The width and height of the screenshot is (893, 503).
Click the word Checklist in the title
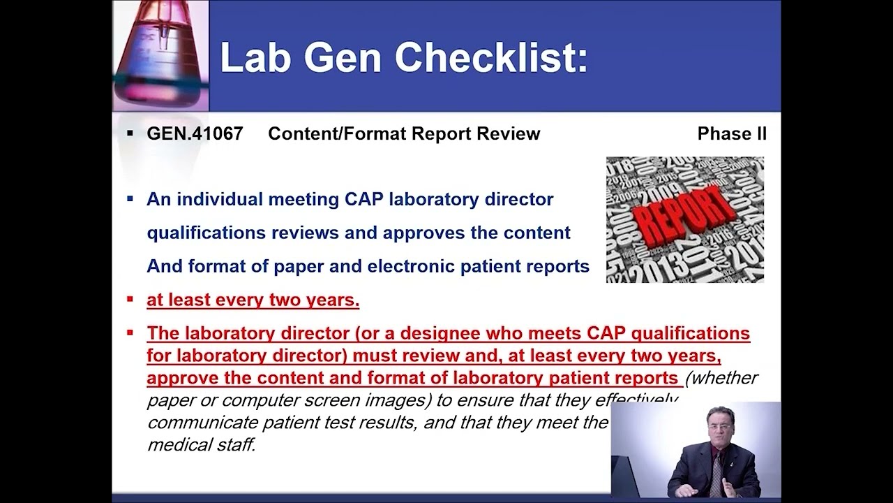point(491,57)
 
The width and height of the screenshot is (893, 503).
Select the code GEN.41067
point(195,134)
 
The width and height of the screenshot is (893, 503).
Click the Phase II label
point(732,134)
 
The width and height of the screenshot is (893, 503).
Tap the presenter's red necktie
point(716,472)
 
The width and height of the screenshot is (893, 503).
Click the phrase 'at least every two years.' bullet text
point(253,300)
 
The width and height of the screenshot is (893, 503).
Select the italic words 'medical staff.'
point(201,444)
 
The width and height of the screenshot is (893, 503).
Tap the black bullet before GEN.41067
point(130,133)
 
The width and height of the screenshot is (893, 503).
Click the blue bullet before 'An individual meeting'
point(130,199)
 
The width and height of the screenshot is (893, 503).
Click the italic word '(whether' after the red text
point(721,378)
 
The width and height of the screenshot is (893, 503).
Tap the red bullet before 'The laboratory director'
point(130,333)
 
